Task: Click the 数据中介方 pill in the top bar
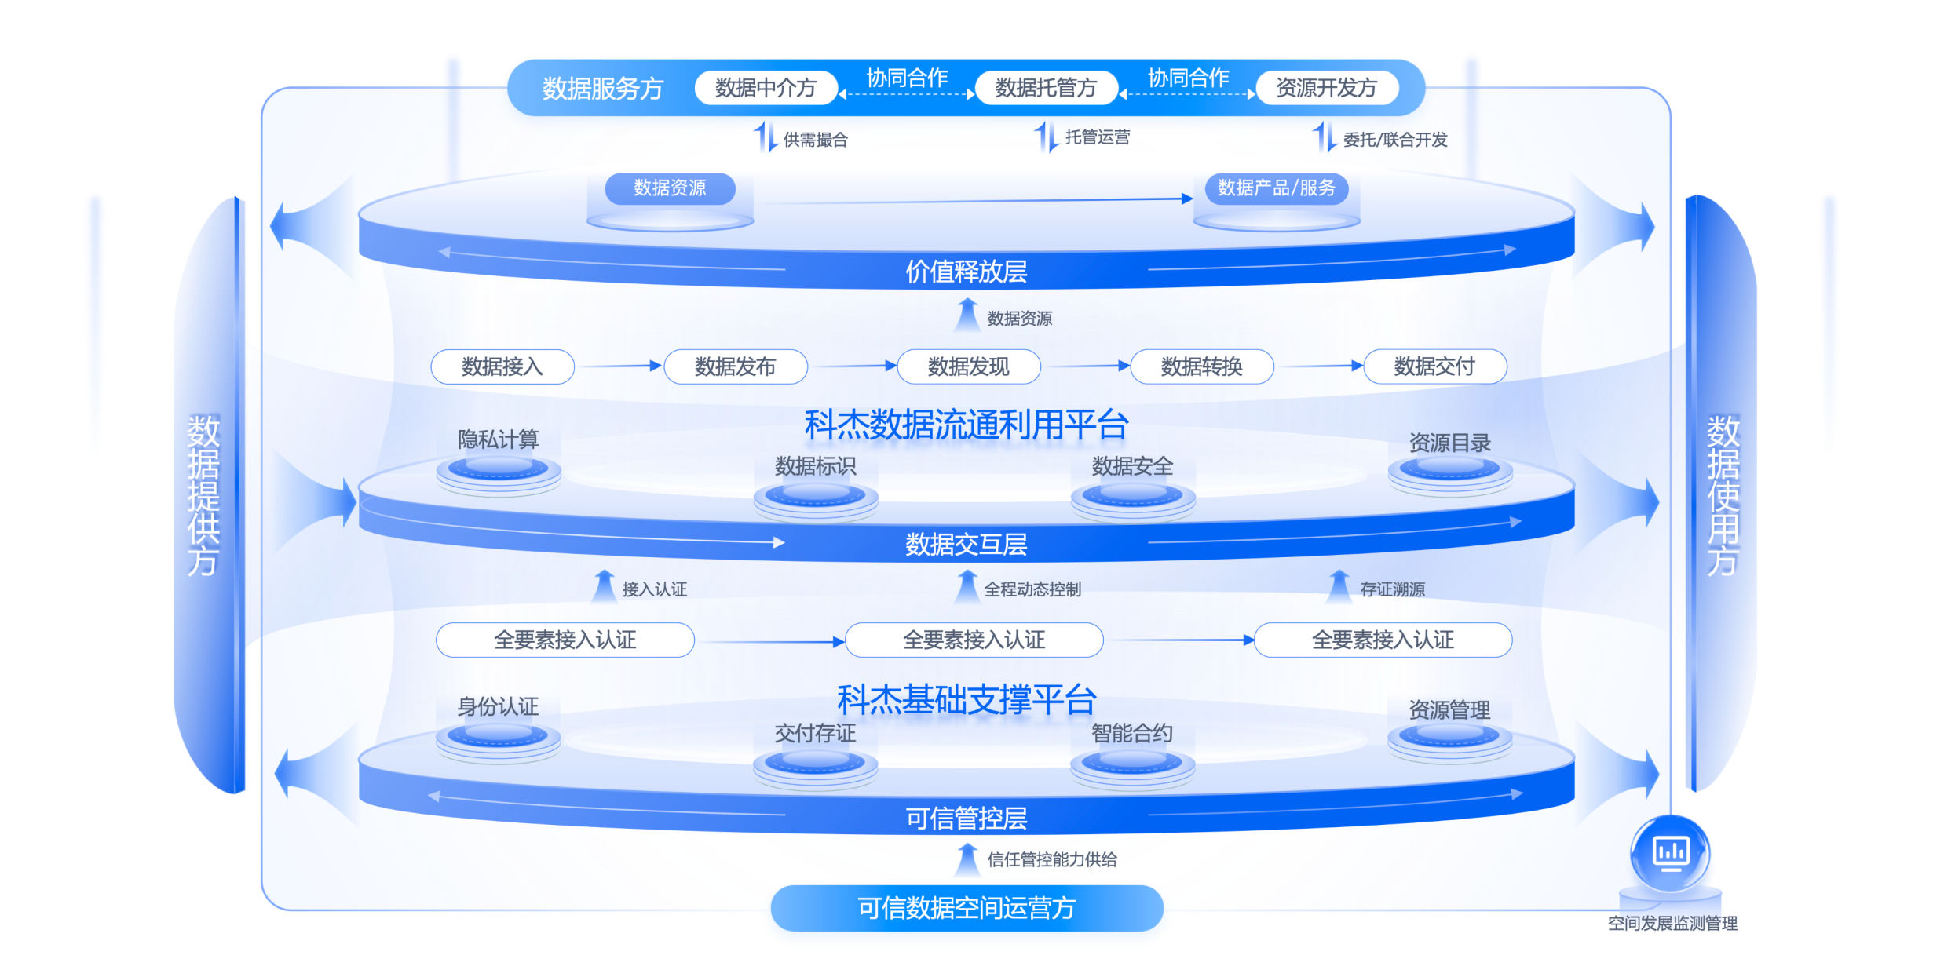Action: (x=766, y=88)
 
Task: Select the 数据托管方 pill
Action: (x=1046, y=88)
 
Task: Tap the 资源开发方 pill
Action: (x=1326, y=88)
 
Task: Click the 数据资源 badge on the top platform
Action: (x=670, y=188)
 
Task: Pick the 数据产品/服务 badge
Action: (x=1276, y=188)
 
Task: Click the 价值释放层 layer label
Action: (x=966, y=272)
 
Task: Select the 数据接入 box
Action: (x=502, y=366)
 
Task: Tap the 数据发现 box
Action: (x=968, y=366)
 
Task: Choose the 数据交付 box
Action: (x=1434, y=366)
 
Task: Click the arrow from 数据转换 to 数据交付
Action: (x=1320, y=366)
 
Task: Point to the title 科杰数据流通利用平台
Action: (x=966, y=425)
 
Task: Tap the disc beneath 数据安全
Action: (x=1132, y=496)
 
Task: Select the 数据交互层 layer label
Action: (x=966, y=544)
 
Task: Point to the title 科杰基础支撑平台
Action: (x=966, y=699)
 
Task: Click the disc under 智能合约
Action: (x=1132, y=762)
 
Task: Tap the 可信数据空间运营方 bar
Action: (x=967, y=908)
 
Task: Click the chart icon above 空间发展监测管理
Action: (x=1670, y=852)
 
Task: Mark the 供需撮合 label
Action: (x=815, y=140)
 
